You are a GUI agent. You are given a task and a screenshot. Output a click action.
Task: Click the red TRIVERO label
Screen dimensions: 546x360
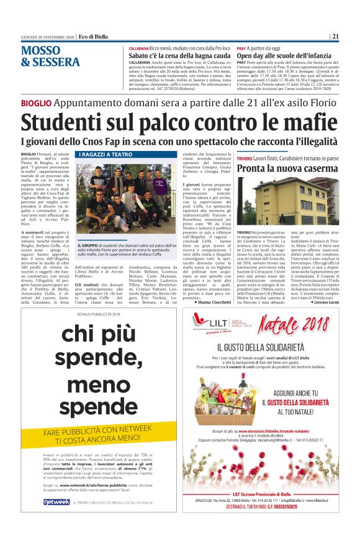(245, 158)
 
